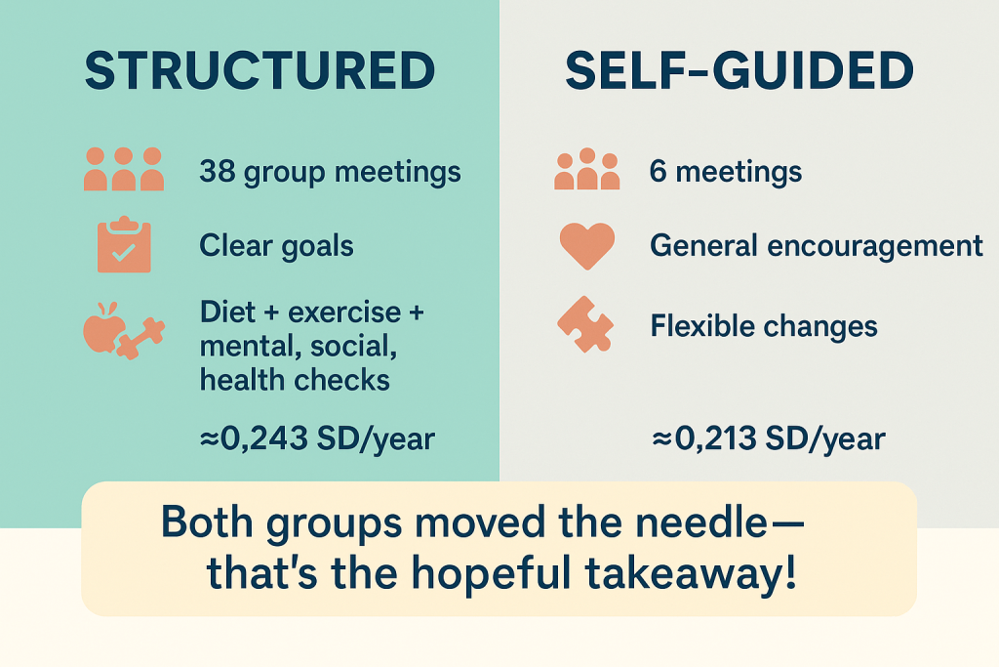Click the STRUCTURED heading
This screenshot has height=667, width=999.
pyautogui.click(x=260, y=71)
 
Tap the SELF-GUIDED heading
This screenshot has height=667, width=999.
pyautogui.click(x=739, y=71)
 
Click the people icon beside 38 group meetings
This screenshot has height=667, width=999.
pyautogui.click(x=123, y=169)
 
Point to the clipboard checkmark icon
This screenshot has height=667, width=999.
pyautogui.click(x=124, y=245)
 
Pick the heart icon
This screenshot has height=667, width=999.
pyautogui.click(x=586, y=245)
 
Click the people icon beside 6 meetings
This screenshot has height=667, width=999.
pyautogui.click(x=586, y=169)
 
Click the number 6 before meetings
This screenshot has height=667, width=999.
pyautogui.click(x=659, y=173)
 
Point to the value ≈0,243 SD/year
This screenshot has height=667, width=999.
pyautogui.click(x=317, y=439)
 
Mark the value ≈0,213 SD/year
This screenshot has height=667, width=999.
pyautogui.click(x=768, y=439)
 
